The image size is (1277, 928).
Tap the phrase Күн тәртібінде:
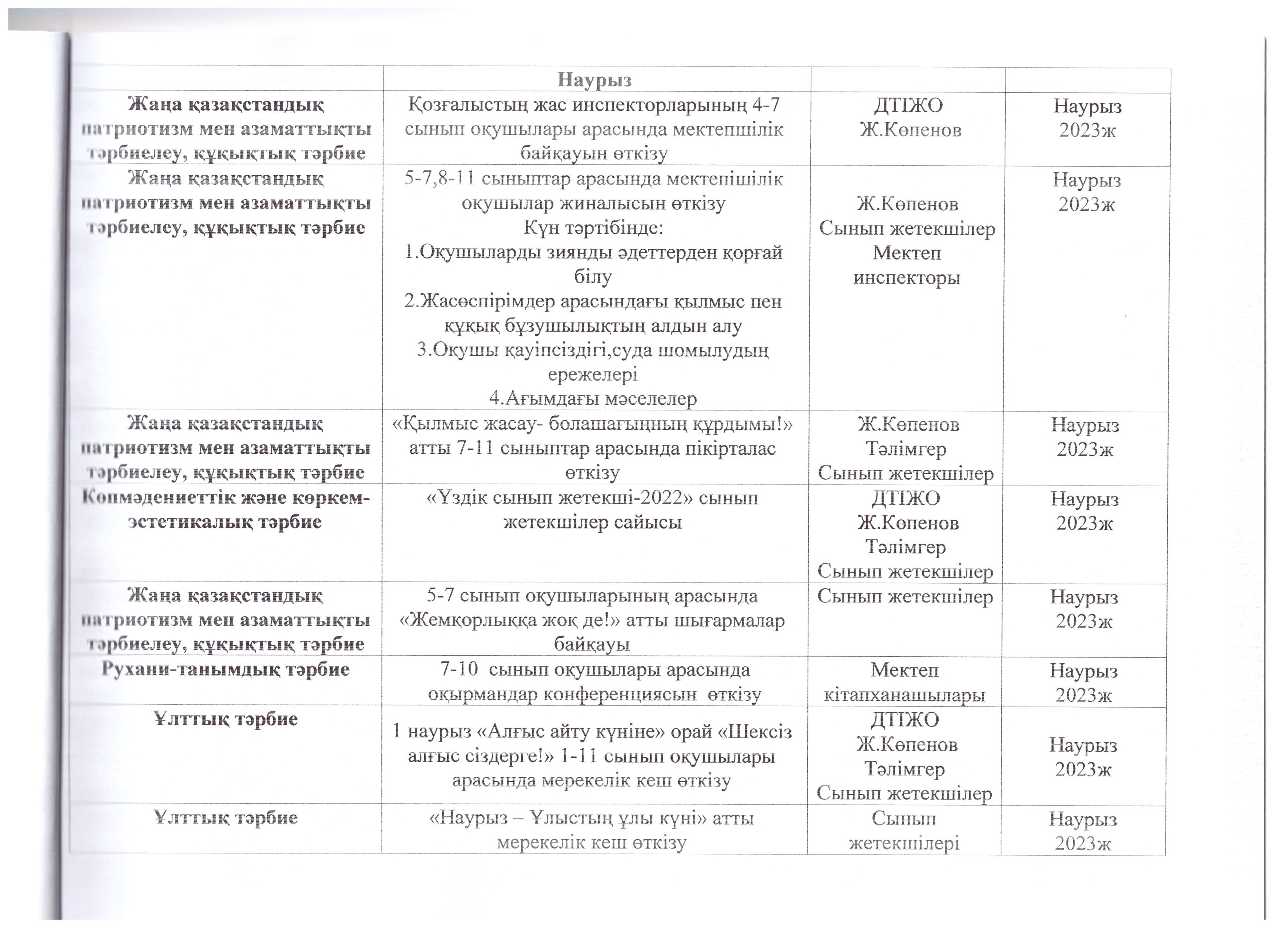593,228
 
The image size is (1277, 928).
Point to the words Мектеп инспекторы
907,265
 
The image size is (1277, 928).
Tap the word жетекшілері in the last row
904,843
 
